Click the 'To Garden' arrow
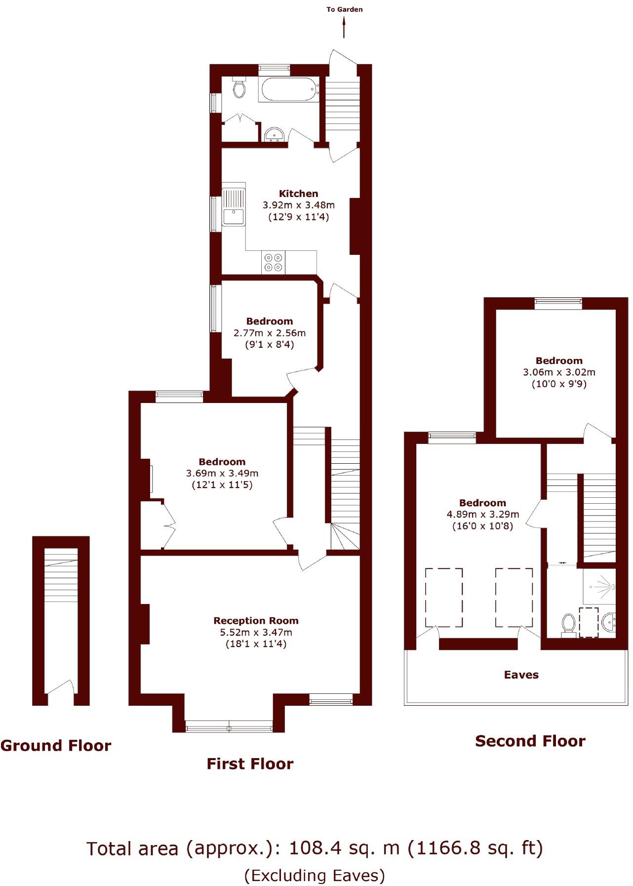[x=344, y=27]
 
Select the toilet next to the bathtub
[x=239, y=88]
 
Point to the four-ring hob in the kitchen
[x=273, y=262]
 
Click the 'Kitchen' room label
[x=298, y=194]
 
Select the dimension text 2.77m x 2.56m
[x=270, y=333]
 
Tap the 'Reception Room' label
[x=256, y=621]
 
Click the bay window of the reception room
[x=229, y=726]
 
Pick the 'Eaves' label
[x=521, y=675]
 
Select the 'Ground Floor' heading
[x=56, y=745]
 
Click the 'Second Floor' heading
[x=530, y=741]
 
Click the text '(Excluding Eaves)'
[x=315, y=875]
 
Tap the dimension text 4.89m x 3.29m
[x=482, y=514]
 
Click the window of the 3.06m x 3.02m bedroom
[x=558, y=303]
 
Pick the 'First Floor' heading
[x=250, y=764]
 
